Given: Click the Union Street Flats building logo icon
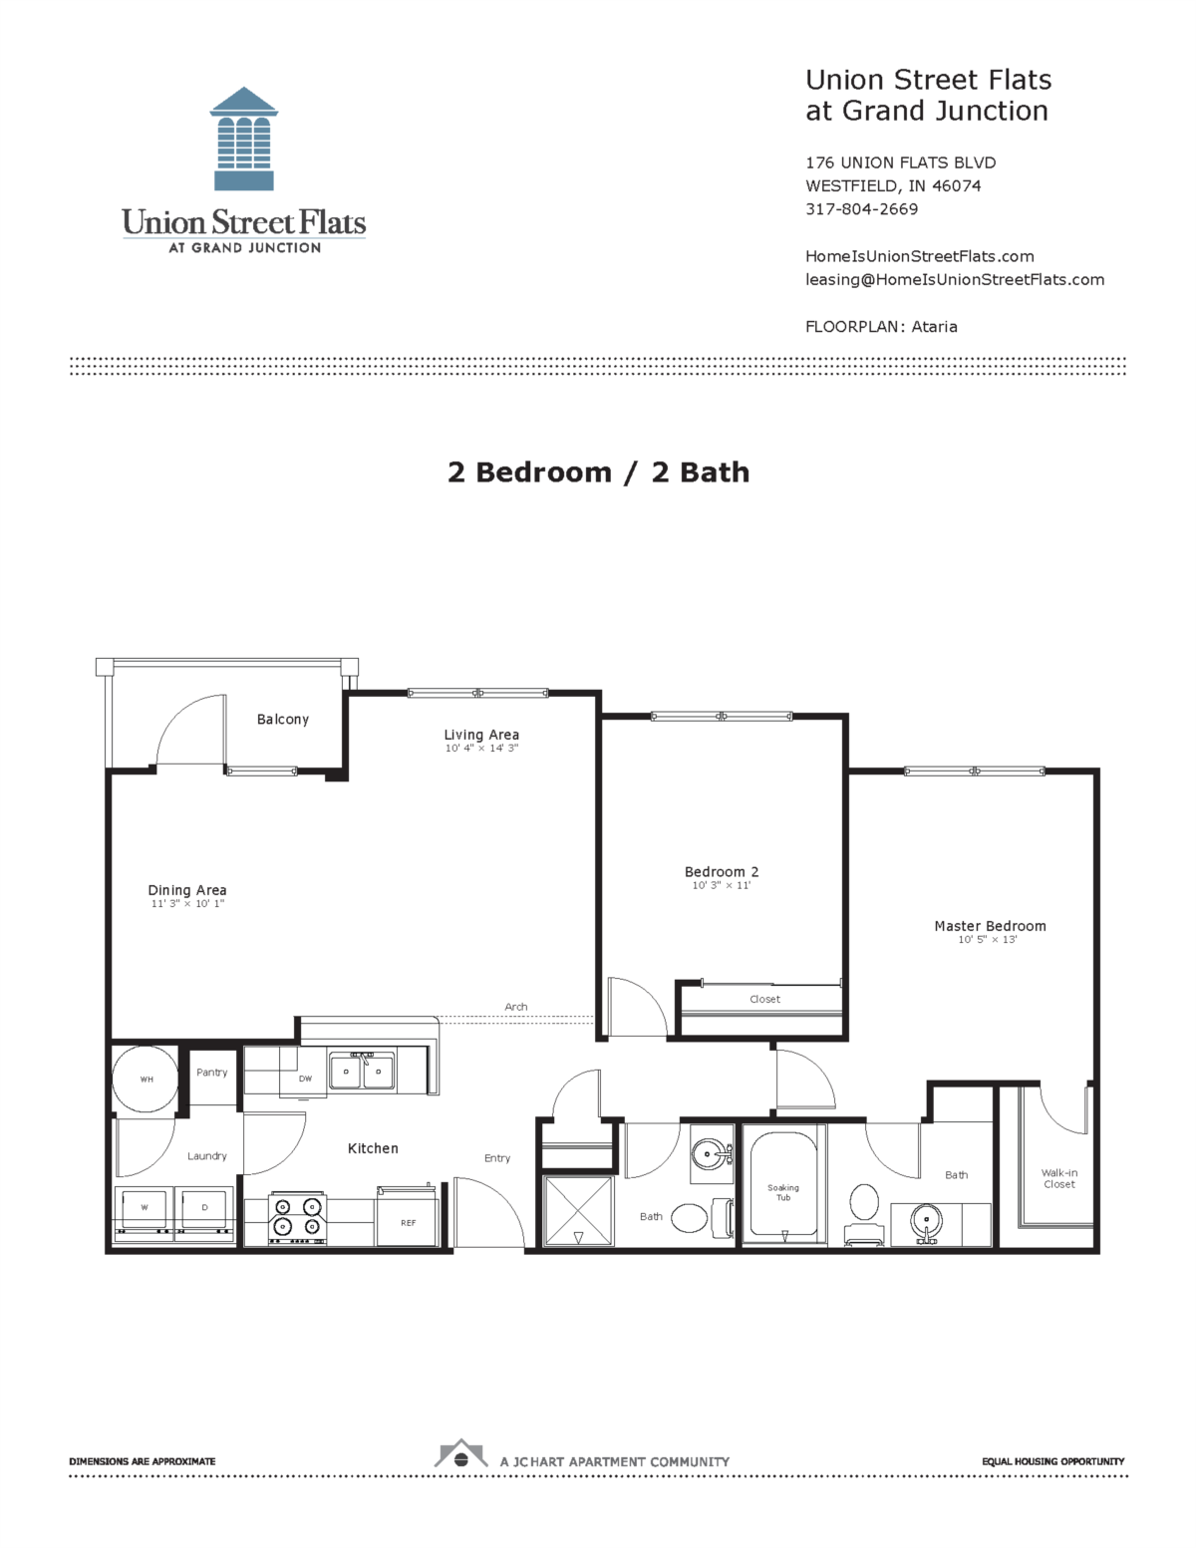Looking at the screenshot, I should point(244,139).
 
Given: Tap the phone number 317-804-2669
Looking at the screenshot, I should point(861,209).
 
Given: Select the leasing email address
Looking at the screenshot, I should point(954,280).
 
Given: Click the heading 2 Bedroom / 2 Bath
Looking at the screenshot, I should point(598,472).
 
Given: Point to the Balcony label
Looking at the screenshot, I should point(283,720).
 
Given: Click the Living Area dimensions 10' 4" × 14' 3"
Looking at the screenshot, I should point(481,749).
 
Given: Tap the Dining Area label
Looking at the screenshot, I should point(187,890).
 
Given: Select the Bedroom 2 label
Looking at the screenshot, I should point(722,872).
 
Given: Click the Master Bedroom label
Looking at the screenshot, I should point(990,926).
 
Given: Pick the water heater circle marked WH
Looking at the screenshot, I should point(146,1079).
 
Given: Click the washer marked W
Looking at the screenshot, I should point(145,1208).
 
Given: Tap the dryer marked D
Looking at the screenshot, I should point(204,1208).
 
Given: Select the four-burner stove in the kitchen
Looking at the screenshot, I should point(297,1217).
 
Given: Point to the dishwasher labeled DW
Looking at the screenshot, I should point(305,1079).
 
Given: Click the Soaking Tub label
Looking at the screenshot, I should point(783,1192).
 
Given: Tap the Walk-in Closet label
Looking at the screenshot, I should point(1059,1178).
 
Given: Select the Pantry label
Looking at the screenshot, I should point(212,1073).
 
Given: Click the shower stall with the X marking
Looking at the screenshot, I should point(578,1210).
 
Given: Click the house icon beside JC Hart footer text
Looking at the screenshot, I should point(460,1455).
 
